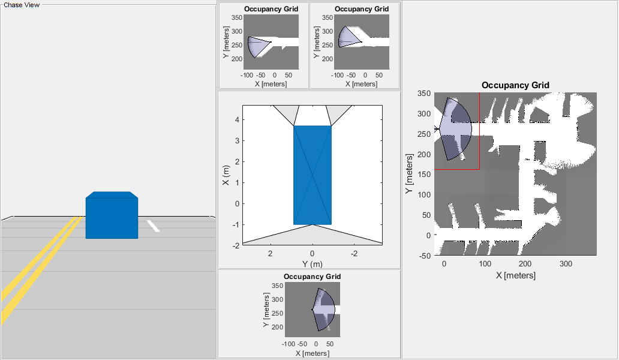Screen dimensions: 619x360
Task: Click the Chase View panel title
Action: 22,5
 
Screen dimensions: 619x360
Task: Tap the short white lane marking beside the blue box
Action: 153,226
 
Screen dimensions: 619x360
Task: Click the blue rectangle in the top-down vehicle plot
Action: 312,175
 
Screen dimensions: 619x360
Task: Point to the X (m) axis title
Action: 226,175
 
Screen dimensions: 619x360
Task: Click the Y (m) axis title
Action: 312,263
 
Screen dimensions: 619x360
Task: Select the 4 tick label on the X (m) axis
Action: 238,119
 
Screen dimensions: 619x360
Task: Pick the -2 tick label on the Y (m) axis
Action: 354,253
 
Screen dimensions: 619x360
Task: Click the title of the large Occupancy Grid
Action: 515,85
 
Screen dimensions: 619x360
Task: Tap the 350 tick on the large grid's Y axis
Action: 425,94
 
